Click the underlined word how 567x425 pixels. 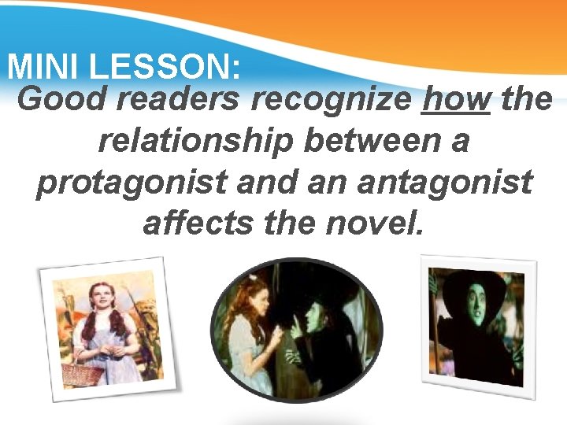455,101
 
